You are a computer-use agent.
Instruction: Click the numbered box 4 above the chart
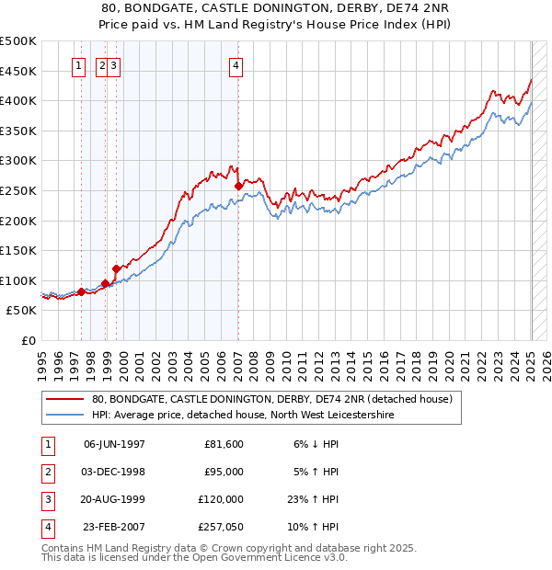tap(236, 65)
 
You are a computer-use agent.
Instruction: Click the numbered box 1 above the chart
tap(78, 65)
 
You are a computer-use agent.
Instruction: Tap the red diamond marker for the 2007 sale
tap(238, 186)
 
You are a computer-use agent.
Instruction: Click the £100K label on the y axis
tap(19, 280)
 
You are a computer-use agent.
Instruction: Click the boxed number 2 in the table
tap(47, 472)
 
